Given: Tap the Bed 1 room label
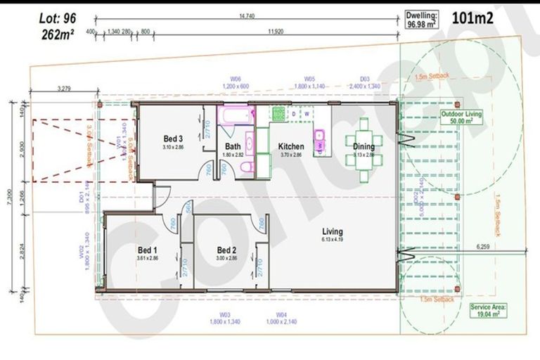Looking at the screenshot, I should point(148,250).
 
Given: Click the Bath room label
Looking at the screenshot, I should point(233,146).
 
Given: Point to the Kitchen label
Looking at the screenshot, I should point(290,146).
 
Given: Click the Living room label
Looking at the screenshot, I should point(332,231).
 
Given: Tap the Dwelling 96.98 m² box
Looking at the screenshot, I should point(422,19).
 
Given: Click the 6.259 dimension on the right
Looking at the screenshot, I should point(482,247).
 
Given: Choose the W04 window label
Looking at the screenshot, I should point(281,314).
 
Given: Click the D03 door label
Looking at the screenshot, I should point(365,79).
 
